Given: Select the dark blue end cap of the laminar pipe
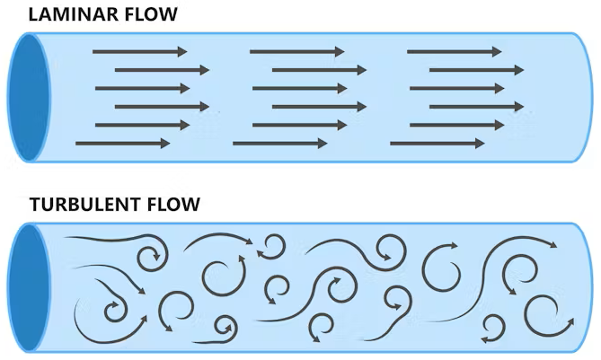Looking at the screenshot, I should point(27,97).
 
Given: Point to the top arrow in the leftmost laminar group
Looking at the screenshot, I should point(139,51).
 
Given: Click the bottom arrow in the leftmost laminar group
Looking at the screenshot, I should point(122,143).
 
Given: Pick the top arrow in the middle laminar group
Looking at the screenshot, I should point(296,51).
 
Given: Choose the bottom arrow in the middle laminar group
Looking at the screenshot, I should point(279,143).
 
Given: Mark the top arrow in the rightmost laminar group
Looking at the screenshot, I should point(454,51).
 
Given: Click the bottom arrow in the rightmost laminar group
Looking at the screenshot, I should point(437,143).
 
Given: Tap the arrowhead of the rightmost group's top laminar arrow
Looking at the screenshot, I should point(497,51).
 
